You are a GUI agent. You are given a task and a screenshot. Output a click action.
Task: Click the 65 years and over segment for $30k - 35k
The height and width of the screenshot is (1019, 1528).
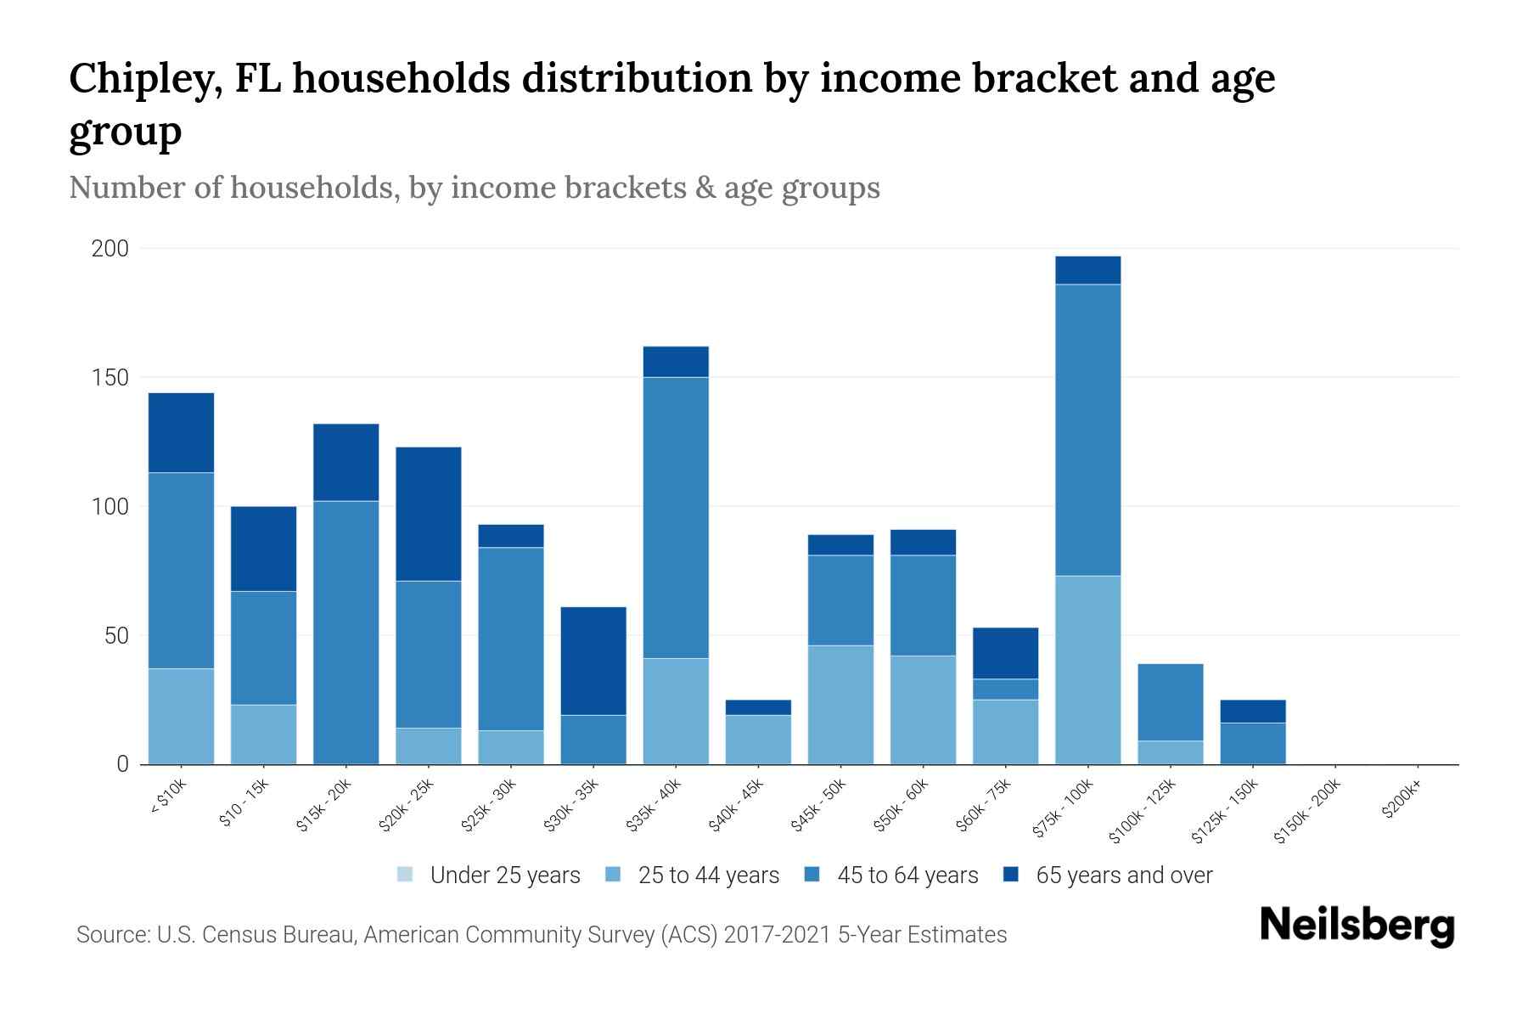point(593,661)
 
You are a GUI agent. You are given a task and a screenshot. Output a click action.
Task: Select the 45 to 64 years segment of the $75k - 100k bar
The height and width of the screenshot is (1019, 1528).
point(1087,430)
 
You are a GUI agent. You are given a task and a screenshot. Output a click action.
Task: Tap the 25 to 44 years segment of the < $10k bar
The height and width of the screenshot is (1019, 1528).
point(182,716)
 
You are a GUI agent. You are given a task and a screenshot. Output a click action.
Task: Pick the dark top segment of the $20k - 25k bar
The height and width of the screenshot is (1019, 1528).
point(429,514)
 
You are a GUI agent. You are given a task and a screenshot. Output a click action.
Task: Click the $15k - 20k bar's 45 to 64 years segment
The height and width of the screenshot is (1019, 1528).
point(346,633)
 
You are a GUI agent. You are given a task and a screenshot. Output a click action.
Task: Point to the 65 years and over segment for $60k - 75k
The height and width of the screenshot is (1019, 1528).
point(1005,653)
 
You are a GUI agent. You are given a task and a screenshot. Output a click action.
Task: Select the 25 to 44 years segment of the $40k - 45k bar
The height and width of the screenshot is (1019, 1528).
point(758,740)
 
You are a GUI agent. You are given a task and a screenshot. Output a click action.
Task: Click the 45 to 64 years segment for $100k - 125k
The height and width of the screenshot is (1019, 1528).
point(1171,702)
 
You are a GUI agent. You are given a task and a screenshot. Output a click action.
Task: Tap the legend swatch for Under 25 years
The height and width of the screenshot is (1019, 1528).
point(406,875)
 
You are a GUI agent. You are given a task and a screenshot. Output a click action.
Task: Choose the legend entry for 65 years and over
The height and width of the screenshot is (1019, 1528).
point(1124,875)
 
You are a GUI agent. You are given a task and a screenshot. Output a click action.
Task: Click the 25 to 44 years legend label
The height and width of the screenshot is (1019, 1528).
point(708,875)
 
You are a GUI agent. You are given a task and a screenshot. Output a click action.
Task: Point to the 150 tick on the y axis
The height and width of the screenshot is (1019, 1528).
point(110,378)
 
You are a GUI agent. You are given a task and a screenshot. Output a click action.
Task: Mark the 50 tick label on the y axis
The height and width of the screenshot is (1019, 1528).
point(115,636)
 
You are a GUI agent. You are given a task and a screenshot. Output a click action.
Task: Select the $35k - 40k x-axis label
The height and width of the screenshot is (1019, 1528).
point(654,806)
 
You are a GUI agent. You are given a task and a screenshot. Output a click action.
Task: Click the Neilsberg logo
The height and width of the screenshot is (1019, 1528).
point(1357,926)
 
